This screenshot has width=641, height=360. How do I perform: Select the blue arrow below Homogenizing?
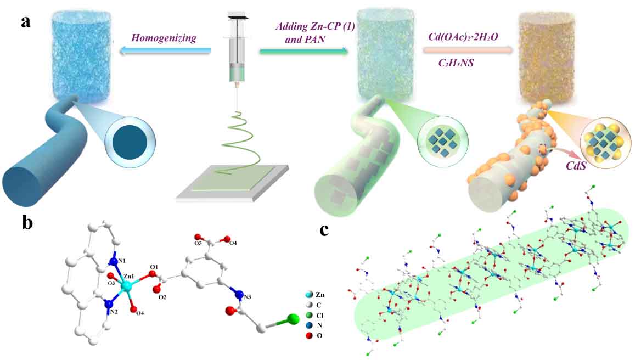pyautogui.click(x=165, y=51)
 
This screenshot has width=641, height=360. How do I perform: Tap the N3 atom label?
pyautogui.click(x=249, y=296)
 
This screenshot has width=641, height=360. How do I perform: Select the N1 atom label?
pyautogui.click(x=121, y=260)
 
